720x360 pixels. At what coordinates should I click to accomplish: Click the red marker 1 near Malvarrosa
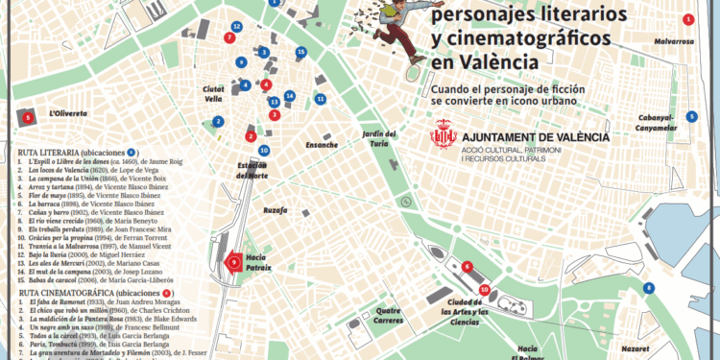pyautogui.click(x=687, y=20)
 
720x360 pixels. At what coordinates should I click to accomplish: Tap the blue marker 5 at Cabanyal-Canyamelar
pyautogui.click(x=692, y=117)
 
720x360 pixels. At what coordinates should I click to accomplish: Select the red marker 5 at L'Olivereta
pyautogui.click(x=28, y=117)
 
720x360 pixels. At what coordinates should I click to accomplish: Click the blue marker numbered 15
pyautogui.click(x=301, y=52)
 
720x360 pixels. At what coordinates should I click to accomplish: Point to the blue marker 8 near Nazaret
pyautogui.click(x=650, y=288)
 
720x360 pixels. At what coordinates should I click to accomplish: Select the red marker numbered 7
pyautogui.click(x=228, y=38)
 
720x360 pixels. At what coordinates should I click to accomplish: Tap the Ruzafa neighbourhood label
pyautogui.click(x=276, y=208)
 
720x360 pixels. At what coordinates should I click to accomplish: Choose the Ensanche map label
pyautogui.click(x=321, y=145)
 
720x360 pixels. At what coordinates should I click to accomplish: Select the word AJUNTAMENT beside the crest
pyautogui.click(x=511, y=137)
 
